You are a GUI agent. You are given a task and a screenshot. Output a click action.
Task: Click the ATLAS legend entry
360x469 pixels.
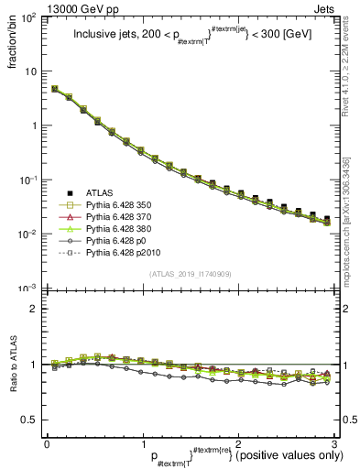click(99, 193)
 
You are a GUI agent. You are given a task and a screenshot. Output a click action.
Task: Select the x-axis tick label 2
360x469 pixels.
click(237, 444)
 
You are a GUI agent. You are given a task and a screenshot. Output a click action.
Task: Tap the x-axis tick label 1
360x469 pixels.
click(142, 444)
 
